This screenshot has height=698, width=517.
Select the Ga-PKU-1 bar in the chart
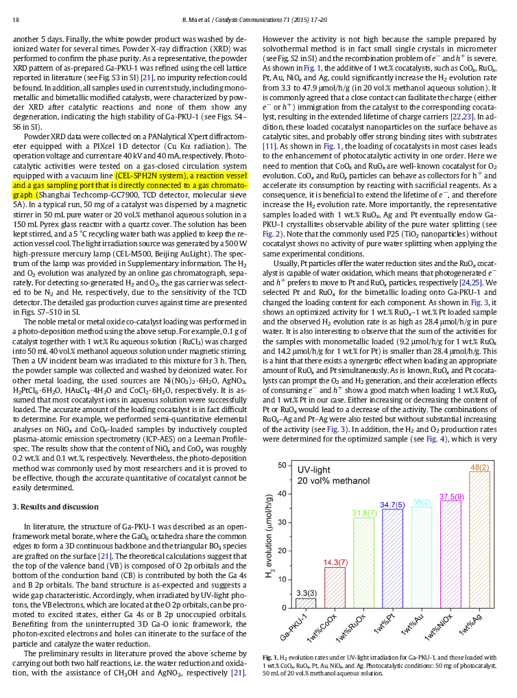pyautogui.click(x=306, y=603)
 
